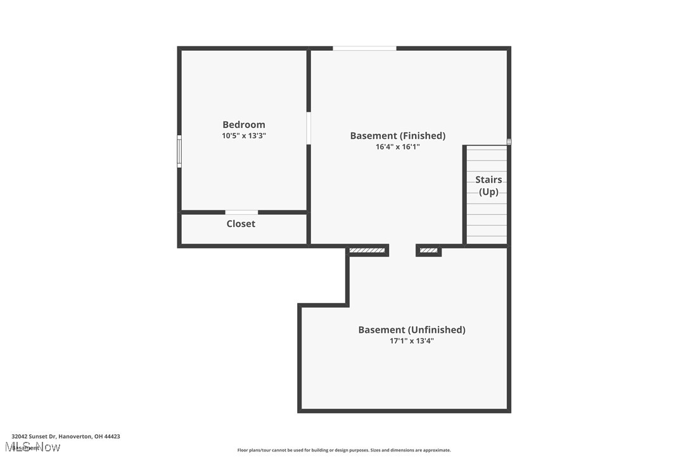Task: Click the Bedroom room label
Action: coord(243,125)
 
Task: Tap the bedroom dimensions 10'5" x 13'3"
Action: coord(243,136)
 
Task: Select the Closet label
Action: coord(241,224)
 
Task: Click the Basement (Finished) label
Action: coord(397,136)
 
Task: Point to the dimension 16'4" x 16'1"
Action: coord(397,147)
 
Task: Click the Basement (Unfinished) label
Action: coord(411,330)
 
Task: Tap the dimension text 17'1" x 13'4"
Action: coord(411,341)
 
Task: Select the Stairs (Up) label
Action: coord(488,186)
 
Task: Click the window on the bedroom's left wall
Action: coord(179,152)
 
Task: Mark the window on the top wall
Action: coord(364,48)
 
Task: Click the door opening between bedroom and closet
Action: coord(241,212)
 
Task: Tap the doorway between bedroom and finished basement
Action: coord(309,128)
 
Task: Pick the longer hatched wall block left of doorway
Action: coord(367,251)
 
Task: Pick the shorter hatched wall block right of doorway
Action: coord(428,251)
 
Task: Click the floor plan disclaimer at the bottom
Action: coord(344,450)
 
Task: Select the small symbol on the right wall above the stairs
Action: coord(508,142)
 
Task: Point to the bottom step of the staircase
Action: coord(487,240)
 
